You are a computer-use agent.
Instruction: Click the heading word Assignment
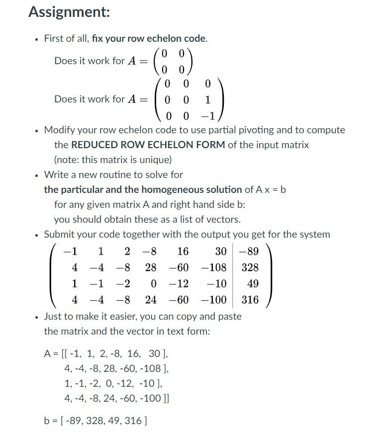click(x=69, y=12)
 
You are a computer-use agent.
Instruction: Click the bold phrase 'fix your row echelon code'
click(x=149, y=38)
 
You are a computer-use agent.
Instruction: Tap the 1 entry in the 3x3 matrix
click(x=207, y=100)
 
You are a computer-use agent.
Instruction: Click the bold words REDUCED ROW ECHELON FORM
click(x=148, y=145)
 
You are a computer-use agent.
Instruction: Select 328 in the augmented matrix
click(x=250, y=268)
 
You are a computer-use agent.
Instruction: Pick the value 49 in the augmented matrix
click(x=253, y=284)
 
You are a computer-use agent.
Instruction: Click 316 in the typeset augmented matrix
click(x=250, y=300)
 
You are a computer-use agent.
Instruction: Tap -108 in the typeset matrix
click(x=214, y=268)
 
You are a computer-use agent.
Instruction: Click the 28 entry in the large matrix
click(x=151, y=268)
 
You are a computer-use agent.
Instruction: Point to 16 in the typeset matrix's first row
click(x=183, y=252)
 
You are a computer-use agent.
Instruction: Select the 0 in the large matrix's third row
click(x=154, y=284)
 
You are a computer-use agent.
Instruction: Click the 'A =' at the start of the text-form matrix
click(x=51, y=354)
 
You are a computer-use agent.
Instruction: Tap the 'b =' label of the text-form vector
click(x=50, y=421)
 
